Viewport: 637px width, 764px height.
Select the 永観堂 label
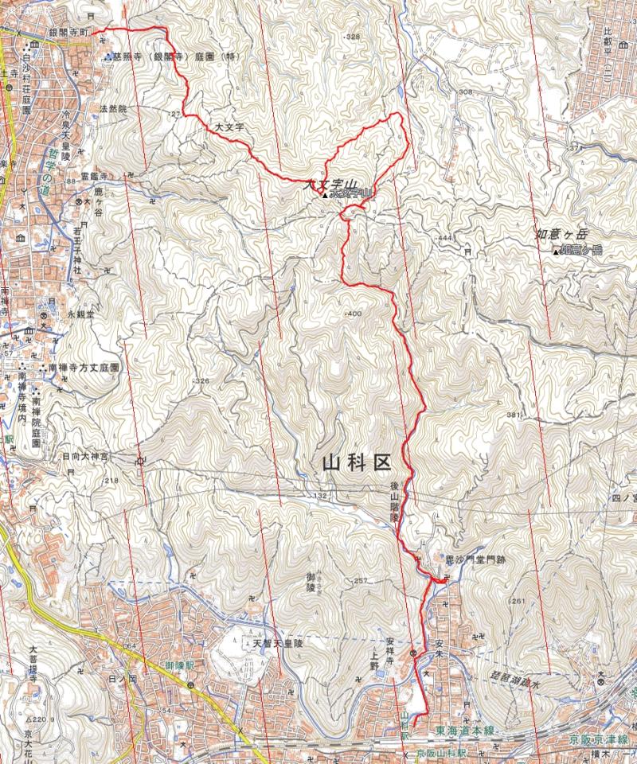tap(80, 315)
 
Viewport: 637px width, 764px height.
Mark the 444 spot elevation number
tap(444, 238)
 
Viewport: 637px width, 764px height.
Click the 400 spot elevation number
tap(354, 314)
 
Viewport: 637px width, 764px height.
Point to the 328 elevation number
tap(354, 37)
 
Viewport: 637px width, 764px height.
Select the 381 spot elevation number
tap(512, 416)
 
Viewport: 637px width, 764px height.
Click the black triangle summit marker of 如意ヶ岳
tap(555, 252)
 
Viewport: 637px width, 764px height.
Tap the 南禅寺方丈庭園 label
tap(83, 369)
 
